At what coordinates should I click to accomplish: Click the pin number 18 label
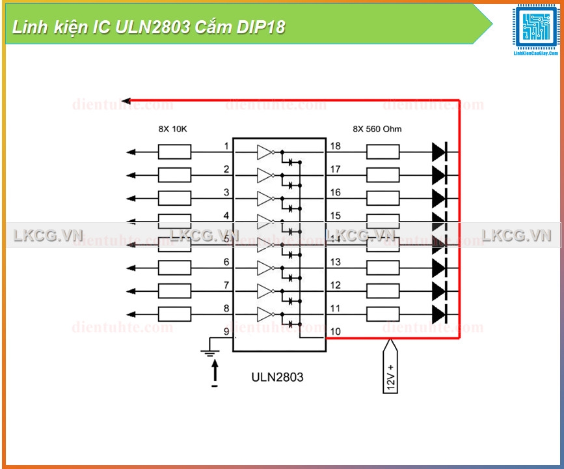(335, 146)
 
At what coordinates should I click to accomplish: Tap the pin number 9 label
(226, 332)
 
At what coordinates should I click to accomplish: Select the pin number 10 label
(335, 332)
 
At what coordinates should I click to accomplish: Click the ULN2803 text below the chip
(277, 377)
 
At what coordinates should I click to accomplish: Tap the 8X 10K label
(172, 129)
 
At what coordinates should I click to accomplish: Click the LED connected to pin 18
(439, 152)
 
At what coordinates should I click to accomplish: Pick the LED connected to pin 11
(439, 314)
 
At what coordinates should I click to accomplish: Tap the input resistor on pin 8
(174, 314)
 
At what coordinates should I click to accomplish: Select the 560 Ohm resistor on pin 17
(383, 175)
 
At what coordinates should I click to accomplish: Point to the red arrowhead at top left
(127, 100)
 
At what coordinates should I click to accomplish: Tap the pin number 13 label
(335, 262)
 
